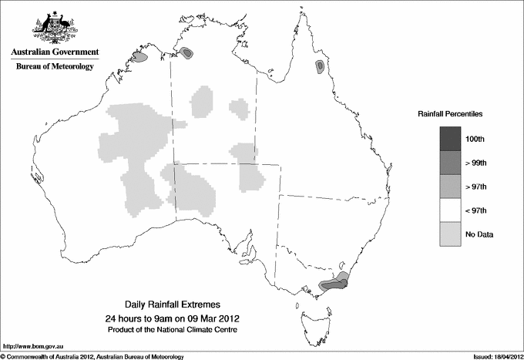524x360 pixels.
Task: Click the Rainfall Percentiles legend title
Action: tap(450, 113)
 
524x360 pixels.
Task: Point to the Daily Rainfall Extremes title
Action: tap(172, 305)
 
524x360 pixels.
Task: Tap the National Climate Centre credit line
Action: tap(173, 330)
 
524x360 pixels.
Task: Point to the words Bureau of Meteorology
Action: tap(55, 66)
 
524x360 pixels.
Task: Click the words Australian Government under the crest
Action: tap(55, 52)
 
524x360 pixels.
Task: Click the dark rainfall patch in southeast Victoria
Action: tap(333, 284)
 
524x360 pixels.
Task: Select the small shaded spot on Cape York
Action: tap(319, 67)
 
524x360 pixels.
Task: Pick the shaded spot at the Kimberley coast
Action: tap(139, 56)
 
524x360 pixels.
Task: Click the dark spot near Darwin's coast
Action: tap(187, 52)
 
